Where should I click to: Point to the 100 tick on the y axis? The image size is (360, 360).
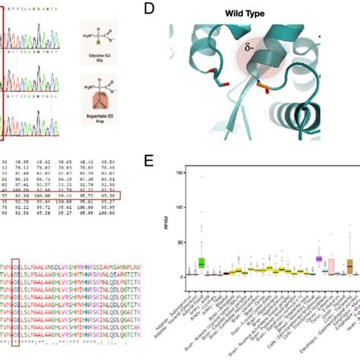(179, 207)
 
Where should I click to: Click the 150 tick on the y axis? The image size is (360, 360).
(179, 173)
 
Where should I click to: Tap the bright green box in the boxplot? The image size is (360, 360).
(202, 262)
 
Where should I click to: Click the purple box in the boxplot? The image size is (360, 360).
(319, 259)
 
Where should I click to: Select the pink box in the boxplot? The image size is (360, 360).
(331, 266)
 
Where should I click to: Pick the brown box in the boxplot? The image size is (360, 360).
(350, 266)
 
